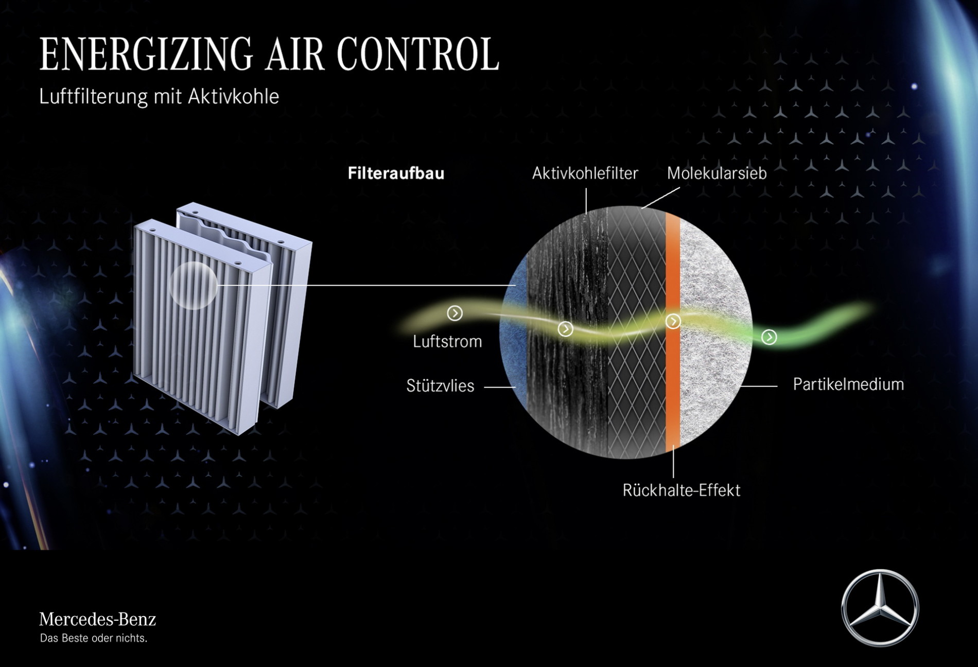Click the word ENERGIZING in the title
146,54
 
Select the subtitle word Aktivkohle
233,96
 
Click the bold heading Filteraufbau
396,173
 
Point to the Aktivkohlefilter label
585,173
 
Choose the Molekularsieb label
717,173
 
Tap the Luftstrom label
447,341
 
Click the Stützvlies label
440,385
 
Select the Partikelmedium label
848,384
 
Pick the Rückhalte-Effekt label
682,490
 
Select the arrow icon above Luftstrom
455,313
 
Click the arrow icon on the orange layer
673,322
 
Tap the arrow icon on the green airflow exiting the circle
769,337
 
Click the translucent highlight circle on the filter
193,286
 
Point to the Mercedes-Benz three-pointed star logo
880,608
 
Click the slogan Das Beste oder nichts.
94,639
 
